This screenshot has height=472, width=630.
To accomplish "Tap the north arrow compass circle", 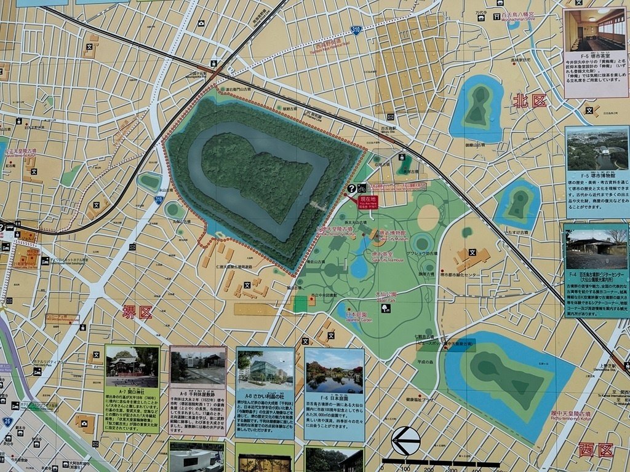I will (406, 441).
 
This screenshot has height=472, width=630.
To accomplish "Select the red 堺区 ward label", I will (137, 312).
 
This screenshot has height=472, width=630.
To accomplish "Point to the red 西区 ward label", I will (596, 450).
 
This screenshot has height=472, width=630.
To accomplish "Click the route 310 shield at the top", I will (356, 29).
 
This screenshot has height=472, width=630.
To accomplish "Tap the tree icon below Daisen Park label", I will (386, 309).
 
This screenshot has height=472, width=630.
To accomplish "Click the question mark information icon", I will (351, 189).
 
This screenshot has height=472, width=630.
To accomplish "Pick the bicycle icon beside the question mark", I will (362, 189).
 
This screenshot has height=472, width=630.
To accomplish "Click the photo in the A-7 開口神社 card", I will (132, 367).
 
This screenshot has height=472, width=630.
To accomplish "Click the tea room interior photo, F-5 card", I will (595, 31).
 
